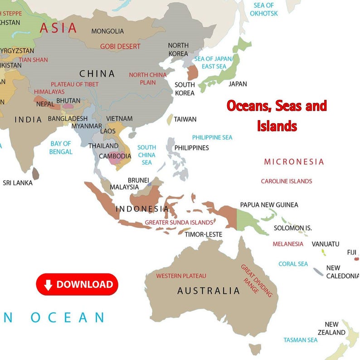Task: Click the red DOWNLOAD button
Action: pyautogui.click(x=77, y=284)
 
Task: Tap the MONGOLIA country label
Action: pyautogui.click(x=107, y=31)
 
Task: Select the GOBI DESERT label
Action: pyautogui.click(x=120, y=46)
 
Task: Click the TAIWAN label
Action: pyautogui.click(x=185, y=119)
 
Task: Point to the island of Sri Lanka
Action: pyautogui.click(x=36, y=173)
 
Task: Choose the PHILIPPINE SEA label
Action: pyautogui.click(x=212, y=137)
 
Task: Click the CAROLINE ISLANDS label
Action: pyautogui.click(x=286, y=181)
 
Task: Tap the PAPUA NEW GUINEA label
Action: pyautogui.click(x=269, y=205)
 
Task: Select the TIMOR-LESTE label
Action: pyautogui.click(x=203, y=234)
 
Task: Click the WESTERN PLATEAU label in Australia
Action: pyautogui.click(x=181, y=276)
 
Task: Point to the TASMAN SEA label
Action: pyautogui.click(x=300, y=340)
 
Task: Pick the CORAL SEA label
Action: pyautogui.click(x=293, y=264)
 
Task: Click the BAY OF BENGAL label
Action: pyautogui.click(x=61, y=147)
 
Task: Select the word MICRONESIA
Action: pyautogui.click(x=294, y=162)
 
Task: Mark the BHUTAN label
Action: pyautogui.click(x=69, y=101)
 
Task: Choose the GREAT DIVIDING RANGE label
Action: pyautogui.click(x=256, y=281)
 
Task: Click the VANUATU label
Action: pyautogui.click(x=325, y=244)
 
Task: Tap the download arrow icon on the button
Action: pyautogui.click(x=48, y=285)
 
